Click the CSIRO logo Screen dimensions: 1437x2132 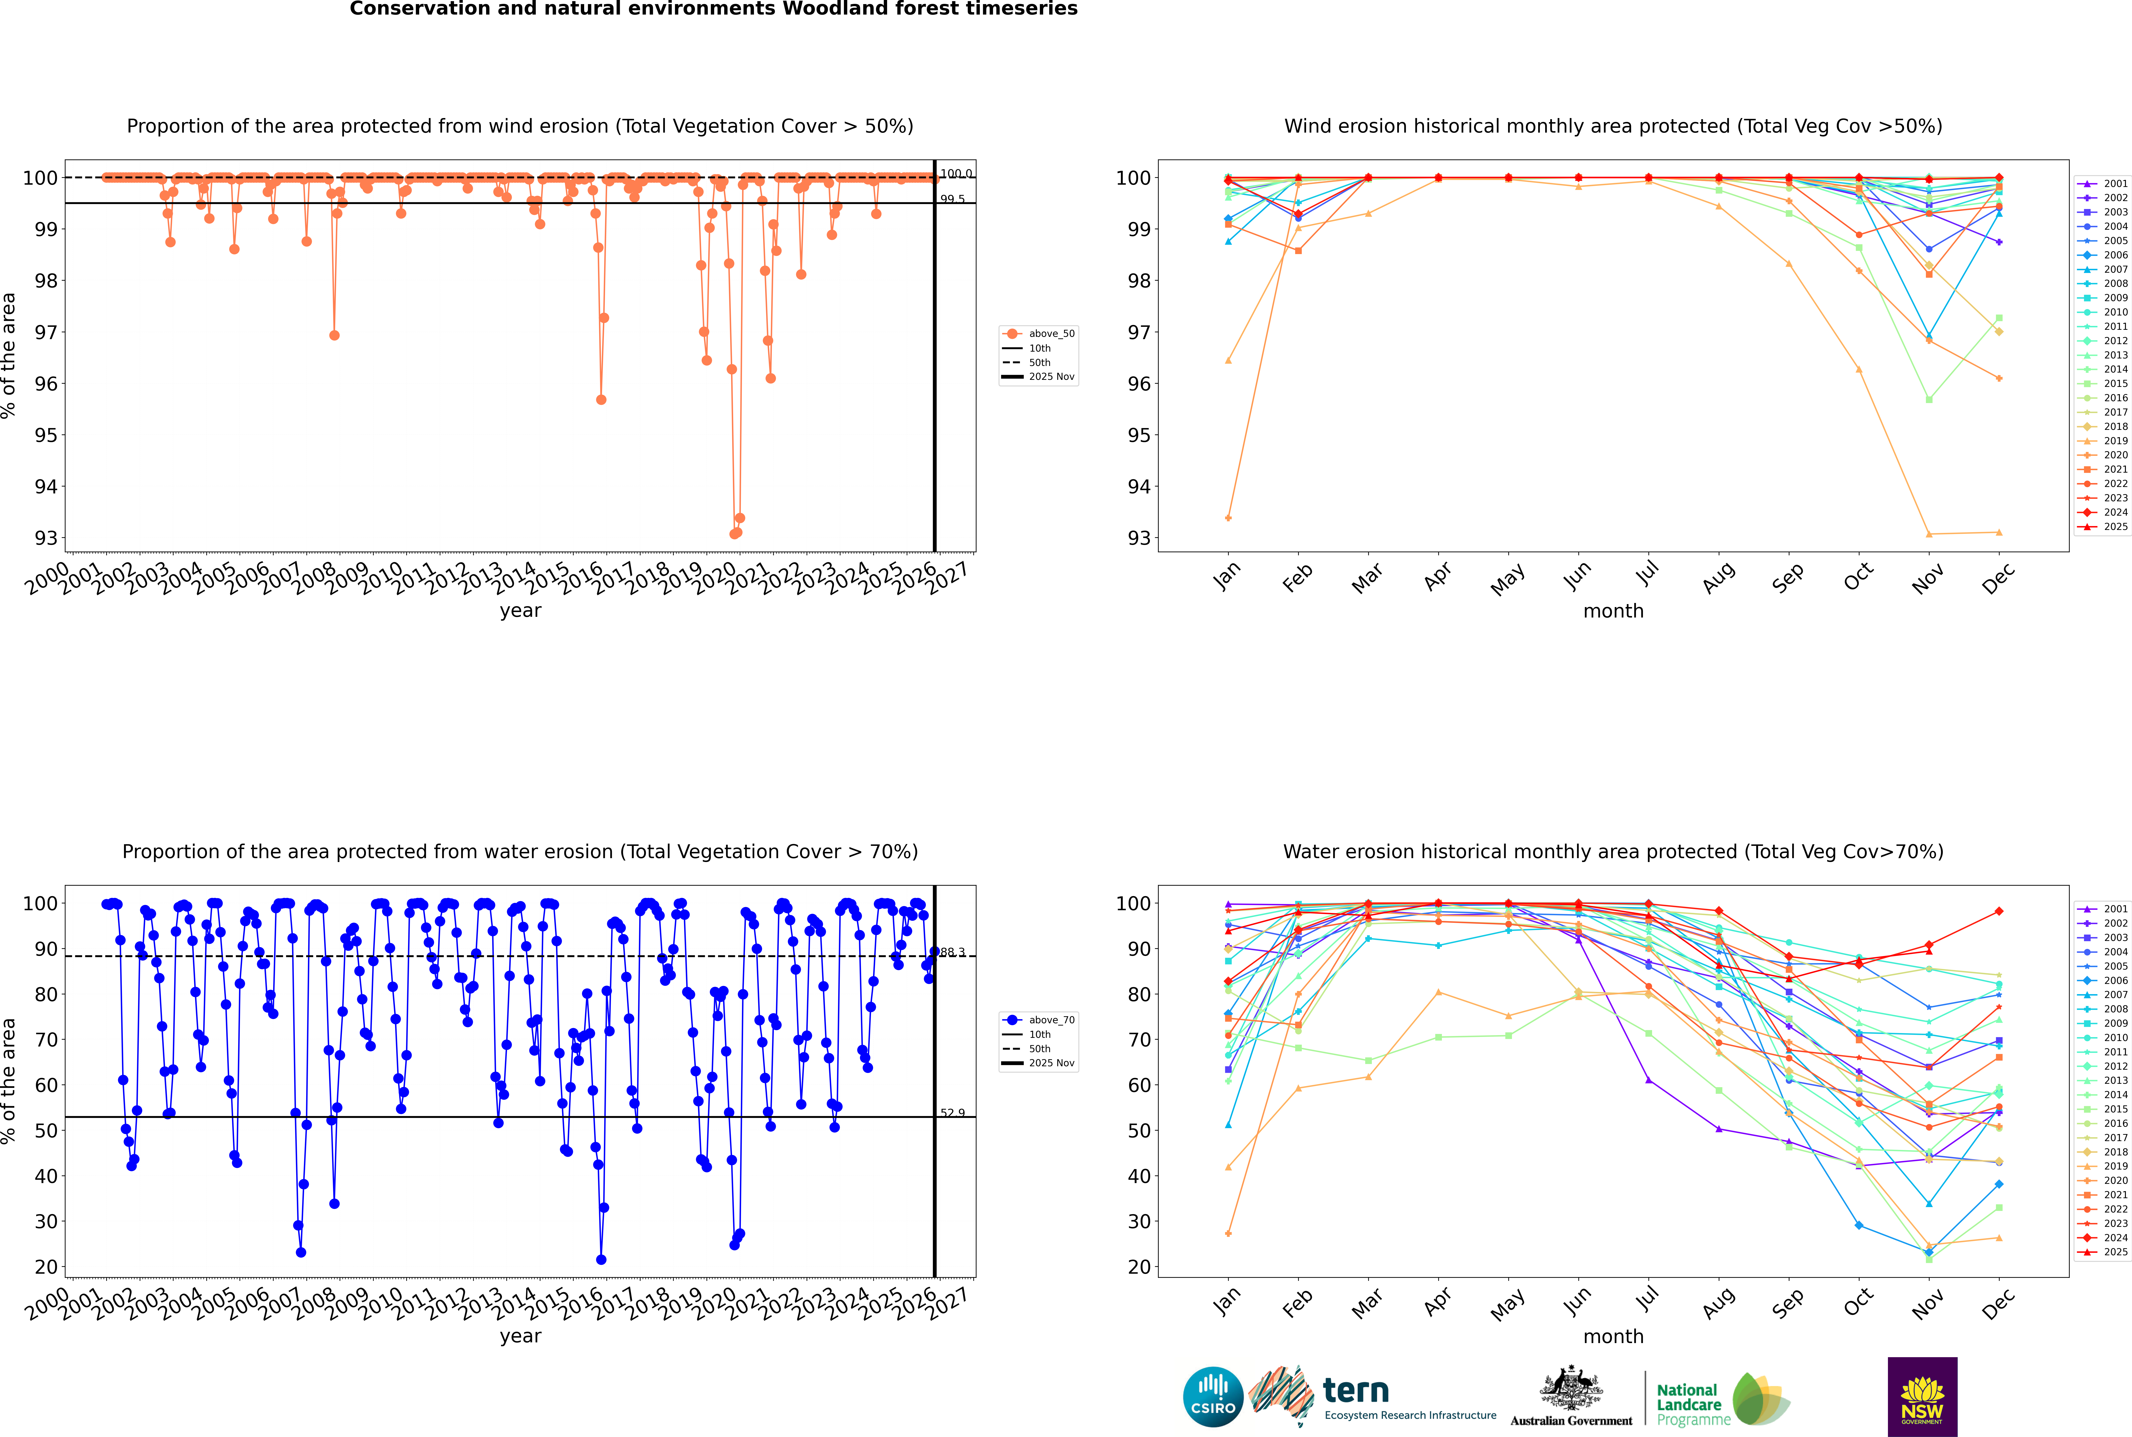tap(1213, 1397)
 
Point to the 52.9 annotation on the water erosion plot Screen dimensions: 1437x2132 tap(952, 1113)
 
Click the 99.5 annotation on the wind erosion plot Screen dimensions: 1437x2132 tap(952, 199)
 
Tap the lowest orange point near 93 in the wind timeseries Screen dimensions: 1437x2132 tap(734, 533)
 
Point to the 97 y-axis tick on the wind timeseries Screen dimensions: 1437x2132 tap(46, 332)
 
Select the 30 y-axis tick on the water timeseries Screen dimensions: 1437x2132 tap(46, 1221)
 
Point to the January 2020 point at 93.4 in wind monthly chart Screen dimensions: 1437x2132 tap(1228, 518)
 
